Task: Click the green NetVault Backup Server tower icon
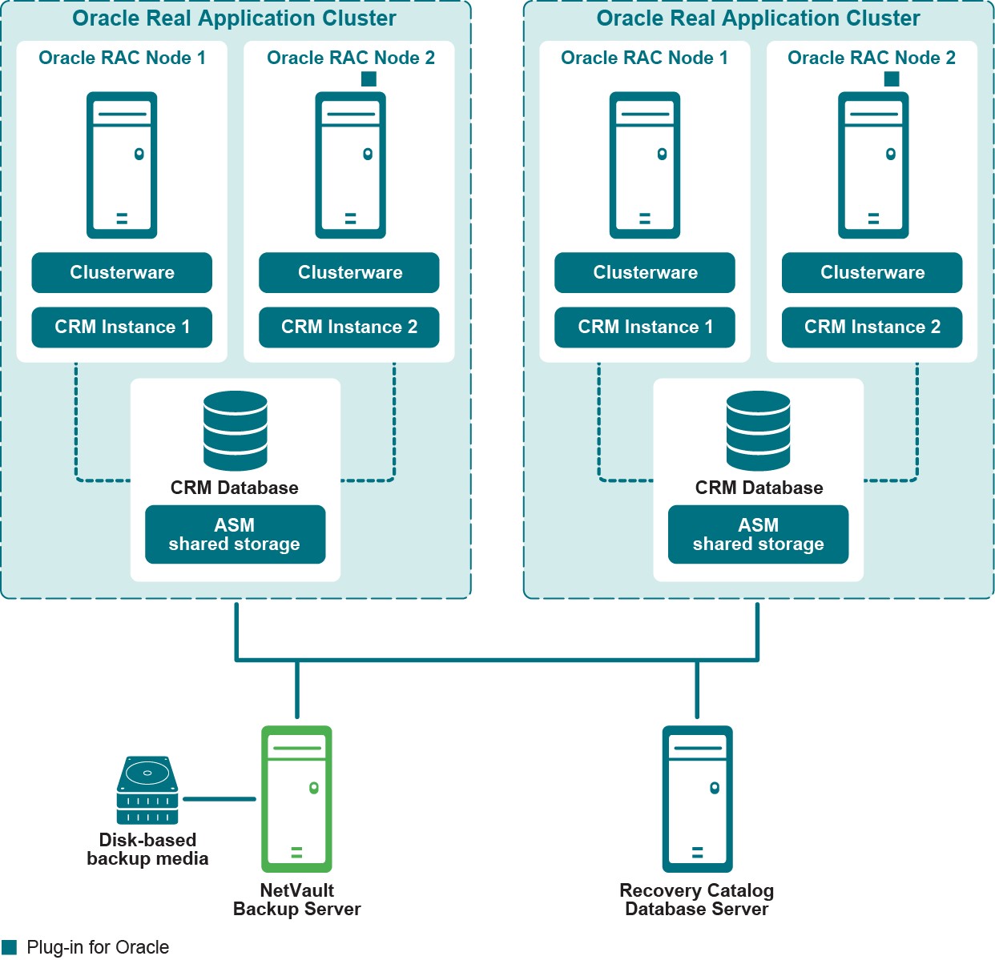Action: (x=296, y=798)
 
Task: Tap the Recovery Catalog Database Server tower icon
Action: (x=697, y=798)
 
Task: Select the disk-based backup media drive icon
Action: (x=147, y=790)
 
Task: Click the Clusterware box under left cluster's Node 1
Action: (x=122, y=273)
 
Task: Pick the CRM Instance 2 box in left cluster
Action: (x=349, y=327)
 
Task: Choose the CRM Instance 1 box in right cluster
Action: (x=645, y=327)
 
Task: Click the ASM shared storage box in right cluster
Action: (x=758, y=535)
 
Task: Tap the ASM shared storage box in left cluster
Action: (x=235, y=535)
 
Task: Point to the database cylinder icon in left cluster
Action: (x=236, y=431)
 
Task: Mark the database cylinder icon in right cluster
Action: (x=758, y=431)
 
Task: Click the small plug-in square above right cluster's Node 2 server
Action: (x=892, y=78)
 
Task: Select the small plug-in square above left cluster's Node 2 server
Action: (x=369, y=78)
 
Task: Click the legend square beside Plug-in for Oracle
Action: (x=10, y=947)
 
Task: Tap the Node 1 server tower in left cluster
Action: (x=122, y=165)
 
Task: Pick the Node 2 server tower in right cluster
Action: (x=873, y=165)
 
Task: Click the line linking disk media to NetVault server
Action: (x=219, y=798)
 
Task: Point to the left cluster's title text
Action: (x=234, y=18)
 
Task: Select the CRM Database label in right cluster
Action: (x=759, y=488)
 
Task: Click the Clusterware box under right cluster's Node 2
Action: (x=872, y=273)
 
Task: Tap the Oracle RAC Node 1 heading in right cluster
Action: (x=644, y=58)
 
